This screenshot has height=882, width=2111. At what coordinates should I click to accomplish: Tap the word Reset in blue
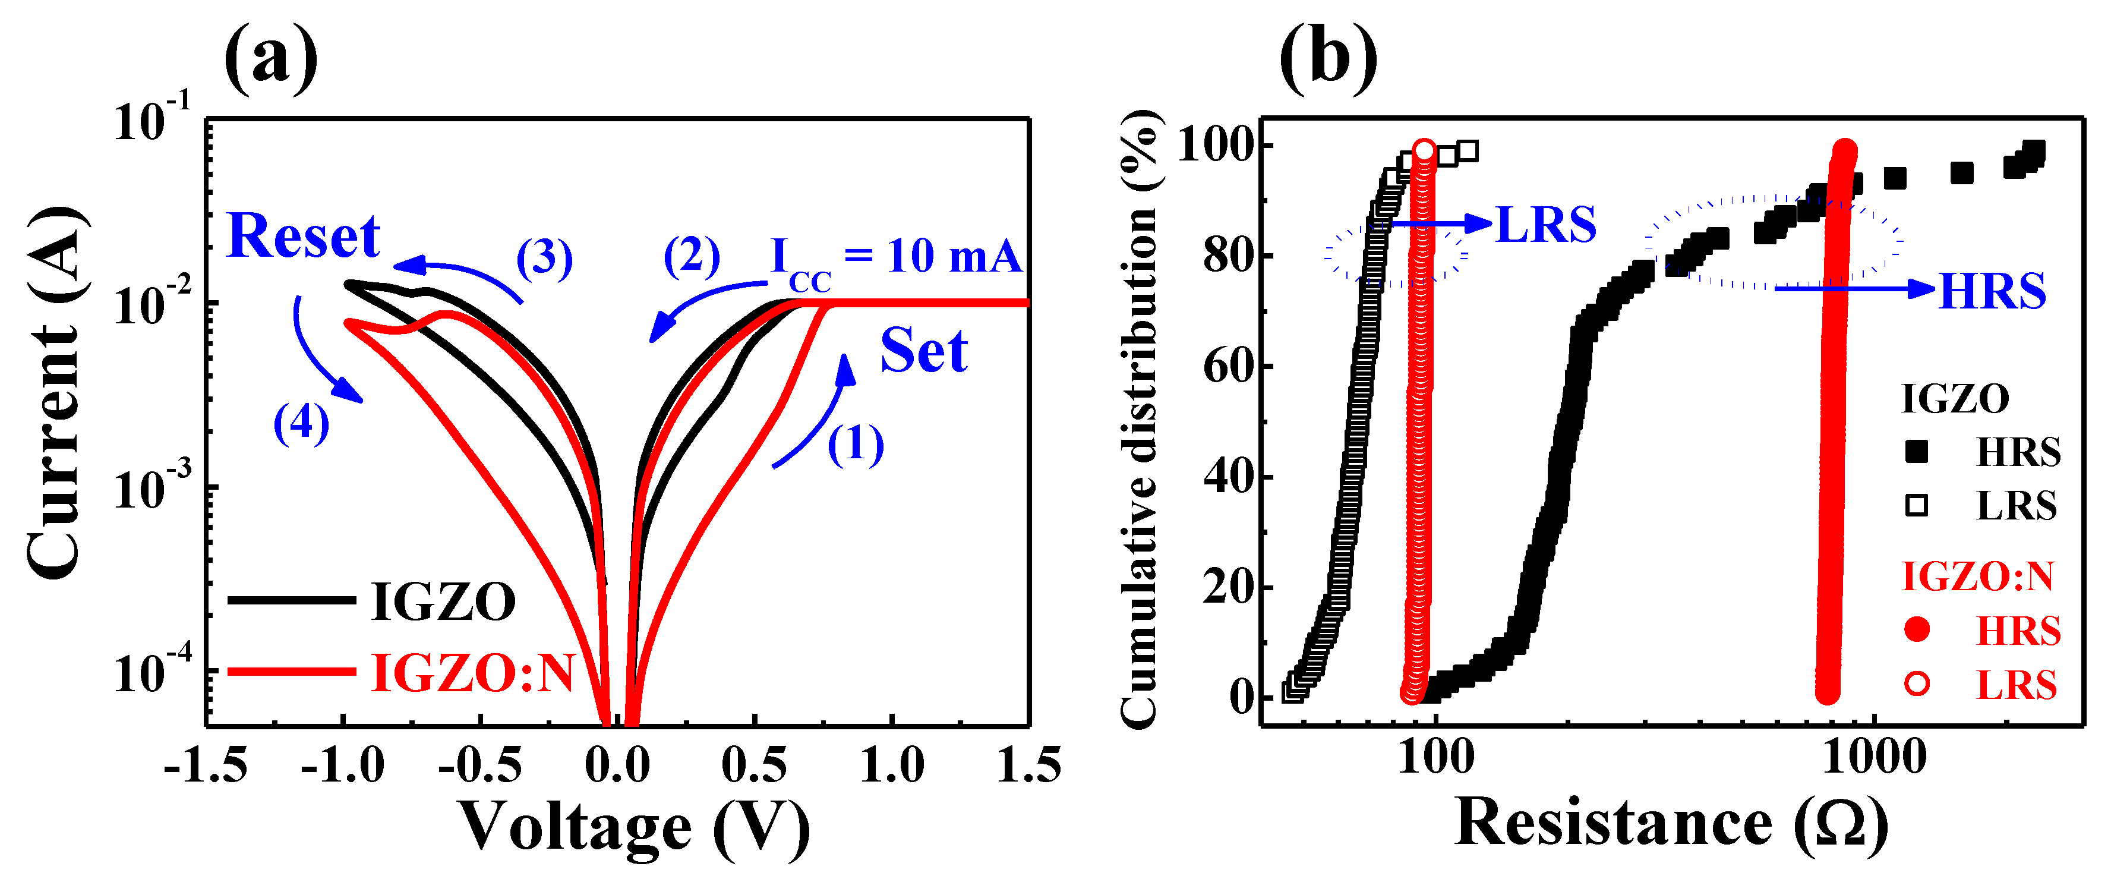pos(303,236)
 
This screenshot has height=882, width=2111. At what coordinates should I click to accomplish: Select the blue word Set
pos(923,351)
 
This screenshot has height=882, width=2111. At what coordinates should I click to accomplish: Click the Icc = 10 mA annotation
pos(896,258)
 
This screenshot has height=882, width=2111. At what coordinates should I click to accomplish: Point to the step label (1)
pos(856,445)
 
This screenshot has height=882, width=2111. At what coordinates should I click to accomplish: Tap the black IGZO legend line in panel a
pos(291,601)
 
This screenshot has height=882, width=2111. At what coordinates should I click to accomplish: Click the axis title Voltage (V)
pos(633,828)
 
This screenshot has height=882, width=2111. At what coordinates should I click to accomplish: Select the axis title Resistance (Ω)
pos(1672,824)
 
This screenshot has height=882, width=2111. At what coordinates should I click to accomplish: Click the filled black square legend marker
pos(1917,452)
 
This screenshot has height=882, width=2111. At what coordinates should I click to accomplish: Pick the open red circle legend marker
pos(1917,683)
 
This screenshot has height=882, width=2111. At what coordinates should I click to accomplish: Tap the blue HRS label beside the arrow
pos(1992,291)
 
